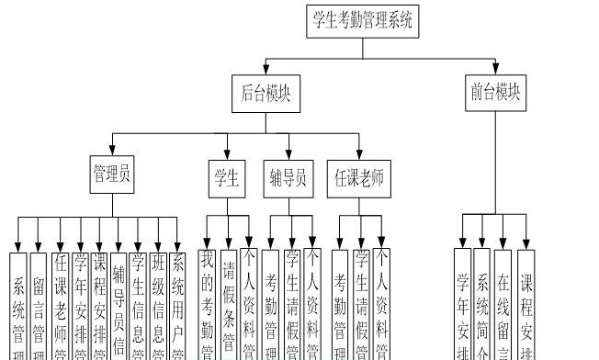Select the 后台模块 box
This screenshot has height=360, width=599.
click(266, 94)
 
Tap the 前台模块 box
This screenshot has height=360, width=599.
click(495, 94)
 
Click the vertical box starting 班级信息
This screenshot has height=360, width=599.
click(158, 303)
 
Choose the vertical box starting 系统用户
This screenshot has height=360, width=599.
click(179, 303)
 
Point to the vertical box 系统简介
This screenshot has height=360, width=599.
click(482, 303)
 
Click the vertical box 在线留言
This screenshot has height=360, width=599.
click(503, 303)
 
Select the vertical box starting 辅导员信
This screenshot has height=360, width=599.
click(119, 303)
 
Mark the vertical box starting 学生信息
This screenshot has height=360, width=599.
click(138, 303)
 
